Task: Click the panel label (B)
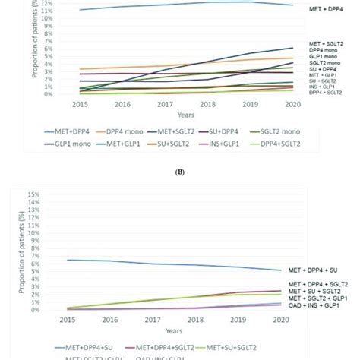[x=179, y=172]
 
